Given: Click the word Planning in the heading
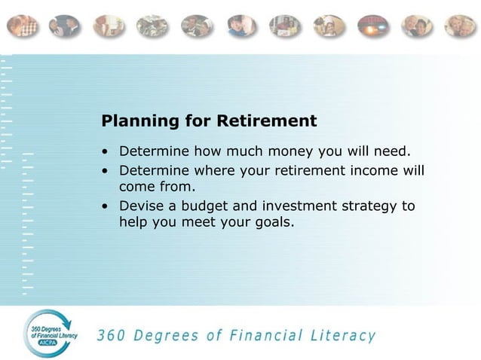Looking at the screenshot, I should pyautogui.click(x=133, y=121).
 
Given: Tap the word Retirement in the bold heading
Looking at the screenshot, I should pyautogui.click(x=267, y=121).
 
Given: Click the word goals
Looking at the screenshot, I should pyautogui.click(x=268, y=222).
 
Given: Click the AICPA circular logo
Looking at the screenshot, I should pyautogui.click(x=51, y=333).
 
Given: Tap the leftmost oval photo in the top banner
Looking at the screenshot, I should pyautogui.click(x=23, y=26).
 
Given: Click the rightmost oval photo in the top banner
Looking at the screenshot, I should pyautogui.click(x=459, y=26).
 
